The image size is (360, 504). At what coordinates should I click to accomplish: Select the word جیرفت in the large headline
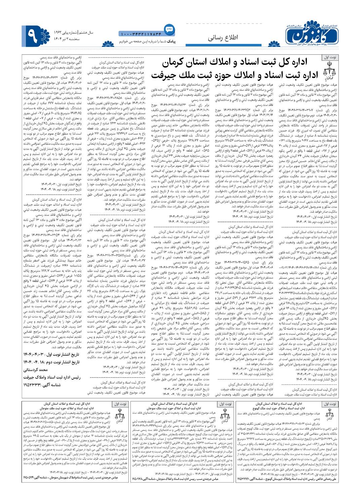165,75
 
